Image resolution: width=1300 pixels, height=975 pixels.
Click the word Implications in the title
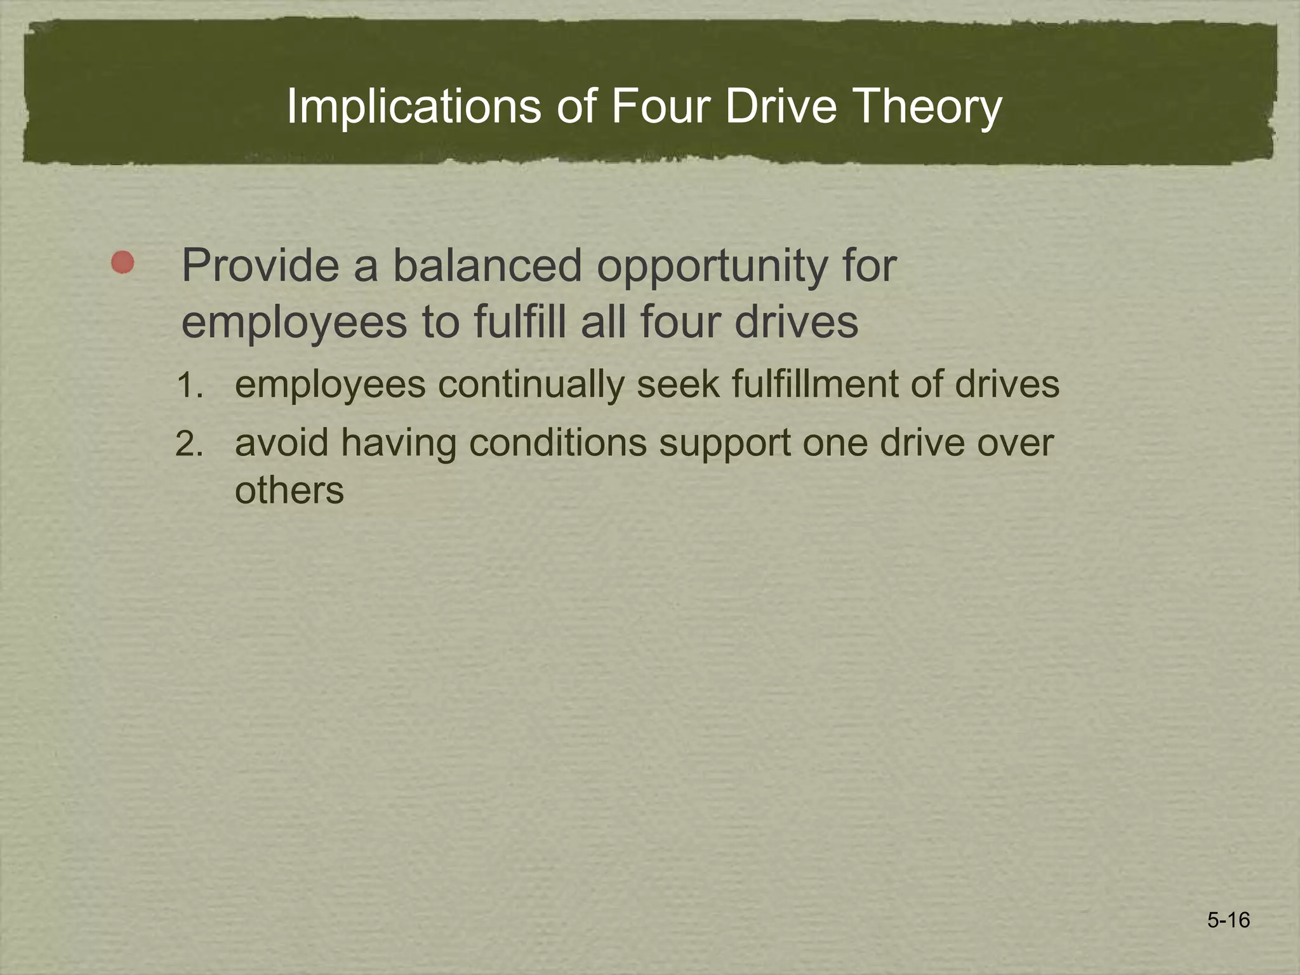pos(414,107)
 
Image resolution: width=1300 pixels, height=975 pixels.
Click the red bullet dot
pos(123,262)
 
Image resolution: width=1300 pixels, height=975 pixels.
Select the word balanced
pos(487,265)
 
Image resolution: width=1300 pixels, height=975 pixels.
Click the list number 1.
pos(190,385)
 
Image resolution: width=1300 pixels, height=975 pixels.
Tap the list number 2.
pos(189,444)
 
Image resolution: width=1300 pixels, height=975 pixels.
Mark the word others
pos(289,490)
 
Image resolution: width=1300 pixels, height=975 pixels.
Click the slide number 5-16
pos(1228,920)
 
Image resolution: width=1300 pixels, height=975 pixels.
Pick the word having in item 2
pos(399,444)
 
